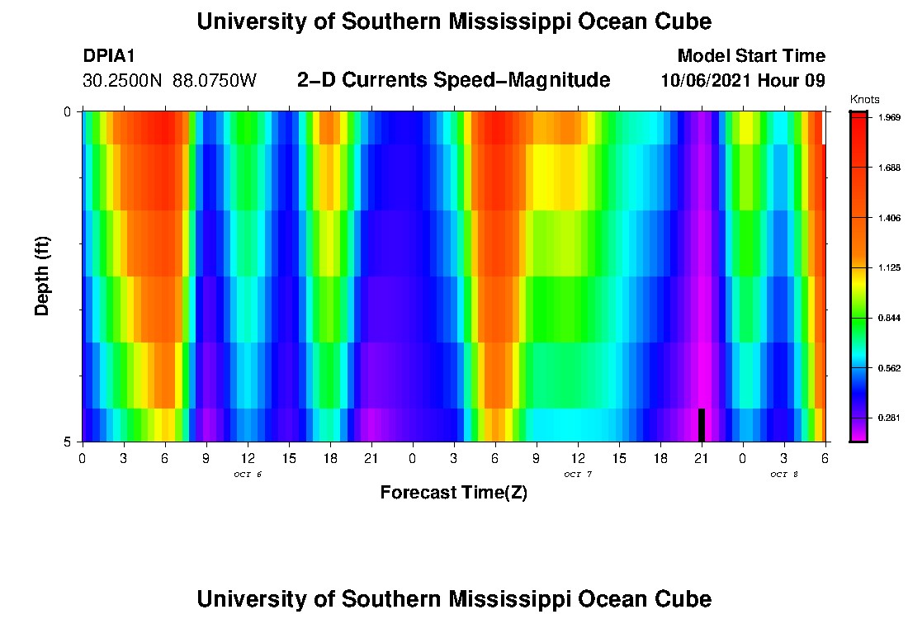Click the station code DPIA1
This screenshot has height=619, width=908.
pyautogui.click(x=109, y=56)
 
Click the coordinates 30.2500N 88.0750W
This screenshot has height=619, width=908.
pyautogui.click(x=169, y=81)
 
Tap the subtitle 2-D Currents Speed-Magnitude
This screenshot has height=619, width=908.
pyautogui.click(x=453, y=80)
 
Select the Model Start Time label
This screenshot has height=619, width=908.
pyautogui.click(x=750, y=56)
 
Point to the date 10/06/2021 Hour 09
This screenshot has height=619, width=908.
pyautogui.click(x=743, y=81)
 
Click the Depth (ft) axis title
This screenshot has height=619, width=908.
pyautogui.click(x=43, y=276)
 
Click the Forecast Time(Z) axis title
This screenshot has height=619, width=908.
pyautogui.click(x=453, y=493)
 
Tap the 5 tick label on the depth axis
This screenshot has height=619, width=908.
pyautogui.click(x=69, y=442)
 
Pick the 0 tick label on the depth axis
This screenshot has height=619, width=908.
pyautogui.click(x=69, y=111)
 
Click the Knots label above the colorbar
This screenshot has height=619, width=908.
pyautogui.click(x=865, y=99)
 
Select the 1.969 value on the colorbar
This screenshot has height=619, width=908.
pyautogui.click(x=890, y=117)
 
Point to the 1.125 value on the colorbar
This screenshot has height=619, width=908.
pyautogui.click(x=890, y=267)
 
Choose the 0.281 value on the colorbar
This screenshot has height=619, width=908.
pyautogui.click(x=890, y=418)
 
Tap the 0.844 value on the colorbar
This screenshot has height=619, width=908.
pyautogui.click(x=890, y=318)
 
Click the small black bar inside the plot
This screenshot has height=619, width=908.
pyautogui.click(x=701, y=425)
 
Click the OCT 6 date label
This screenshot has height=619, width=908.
pyautogui.click(x=248, y=475)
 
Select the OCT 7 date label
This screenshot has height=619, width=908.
pyautogui.click(x=578, y=475)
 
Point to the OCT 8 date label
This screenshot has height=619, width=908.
pyautogui.click(x=783, y=475)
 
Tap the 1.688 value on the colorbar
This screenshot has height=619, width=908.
pyautogui.click(x=890, y=168)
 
